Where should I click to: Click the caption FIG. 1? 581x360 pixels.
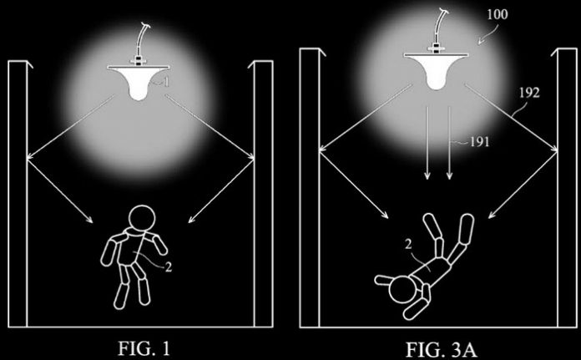144,348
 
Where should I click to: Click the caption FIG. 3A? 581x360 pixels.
442,350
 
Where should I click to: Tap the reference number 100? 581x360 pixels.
498,14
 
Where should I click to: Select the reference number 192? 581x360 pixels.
529,93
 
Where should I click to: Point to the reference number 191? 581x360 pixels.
479,142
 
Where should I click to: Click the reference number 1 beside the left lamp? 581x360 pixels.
166,82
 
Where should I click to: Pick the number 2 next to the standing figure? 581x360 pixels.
169,267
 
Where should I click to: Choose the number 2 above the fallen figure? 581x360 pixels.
408,245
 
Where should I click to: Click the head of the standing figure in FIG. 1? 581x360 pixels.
142,219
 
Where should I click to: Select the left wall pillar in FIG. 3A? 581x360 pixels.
310,188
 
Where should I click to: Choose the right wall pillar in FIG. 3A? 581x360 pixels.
567,188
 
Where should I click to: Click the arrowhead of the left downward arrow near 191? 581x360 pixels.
427,175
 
